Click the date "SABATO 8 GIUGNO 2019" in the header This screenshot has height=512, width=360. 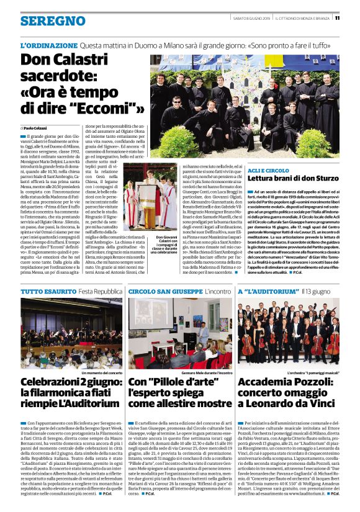[253, 17]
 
